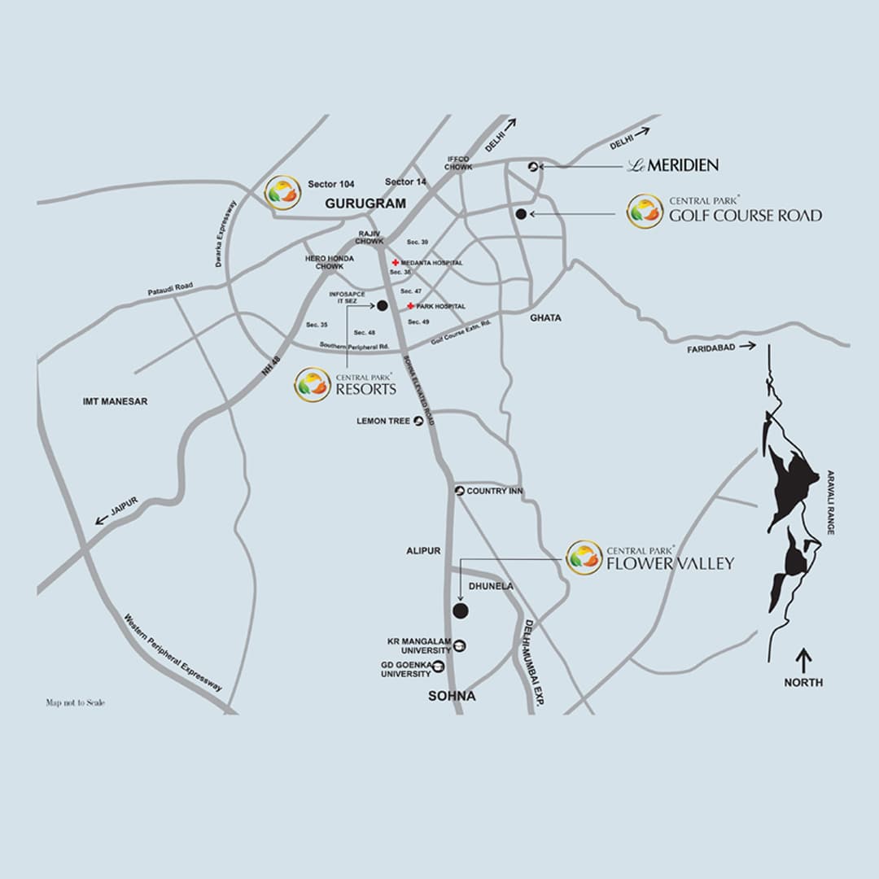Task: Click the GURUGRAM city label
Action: coord(365,204)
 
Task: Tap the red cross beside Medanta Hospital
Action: coord(396,263)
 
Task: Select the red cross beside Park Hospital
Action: coord(411,306)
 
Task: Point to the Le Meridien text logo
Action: coord(672,165)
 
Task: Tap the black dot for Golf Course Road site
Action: coord(521,214)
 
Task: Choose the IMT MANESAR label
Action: coord(116,401)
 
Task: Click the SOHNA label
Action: coord(453,697)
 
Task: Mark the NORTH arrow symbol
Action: coord(804,658)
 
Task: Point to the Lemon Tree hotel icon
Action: coord(418,421)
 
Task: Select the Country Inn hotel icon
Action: coord(459,492)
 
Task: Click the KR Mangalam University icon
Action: coord(460,645)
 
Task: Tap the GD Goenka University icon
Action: coord(439,667)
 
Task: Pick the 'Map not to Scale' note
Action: coord(75,702)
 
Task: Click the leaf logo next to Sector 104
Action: coord(282,193)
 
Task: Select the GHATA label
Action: coord(545,317)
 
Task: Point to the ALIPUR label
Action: coord(423,551)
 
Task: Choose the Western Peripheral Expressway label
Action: coord(173,652)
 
